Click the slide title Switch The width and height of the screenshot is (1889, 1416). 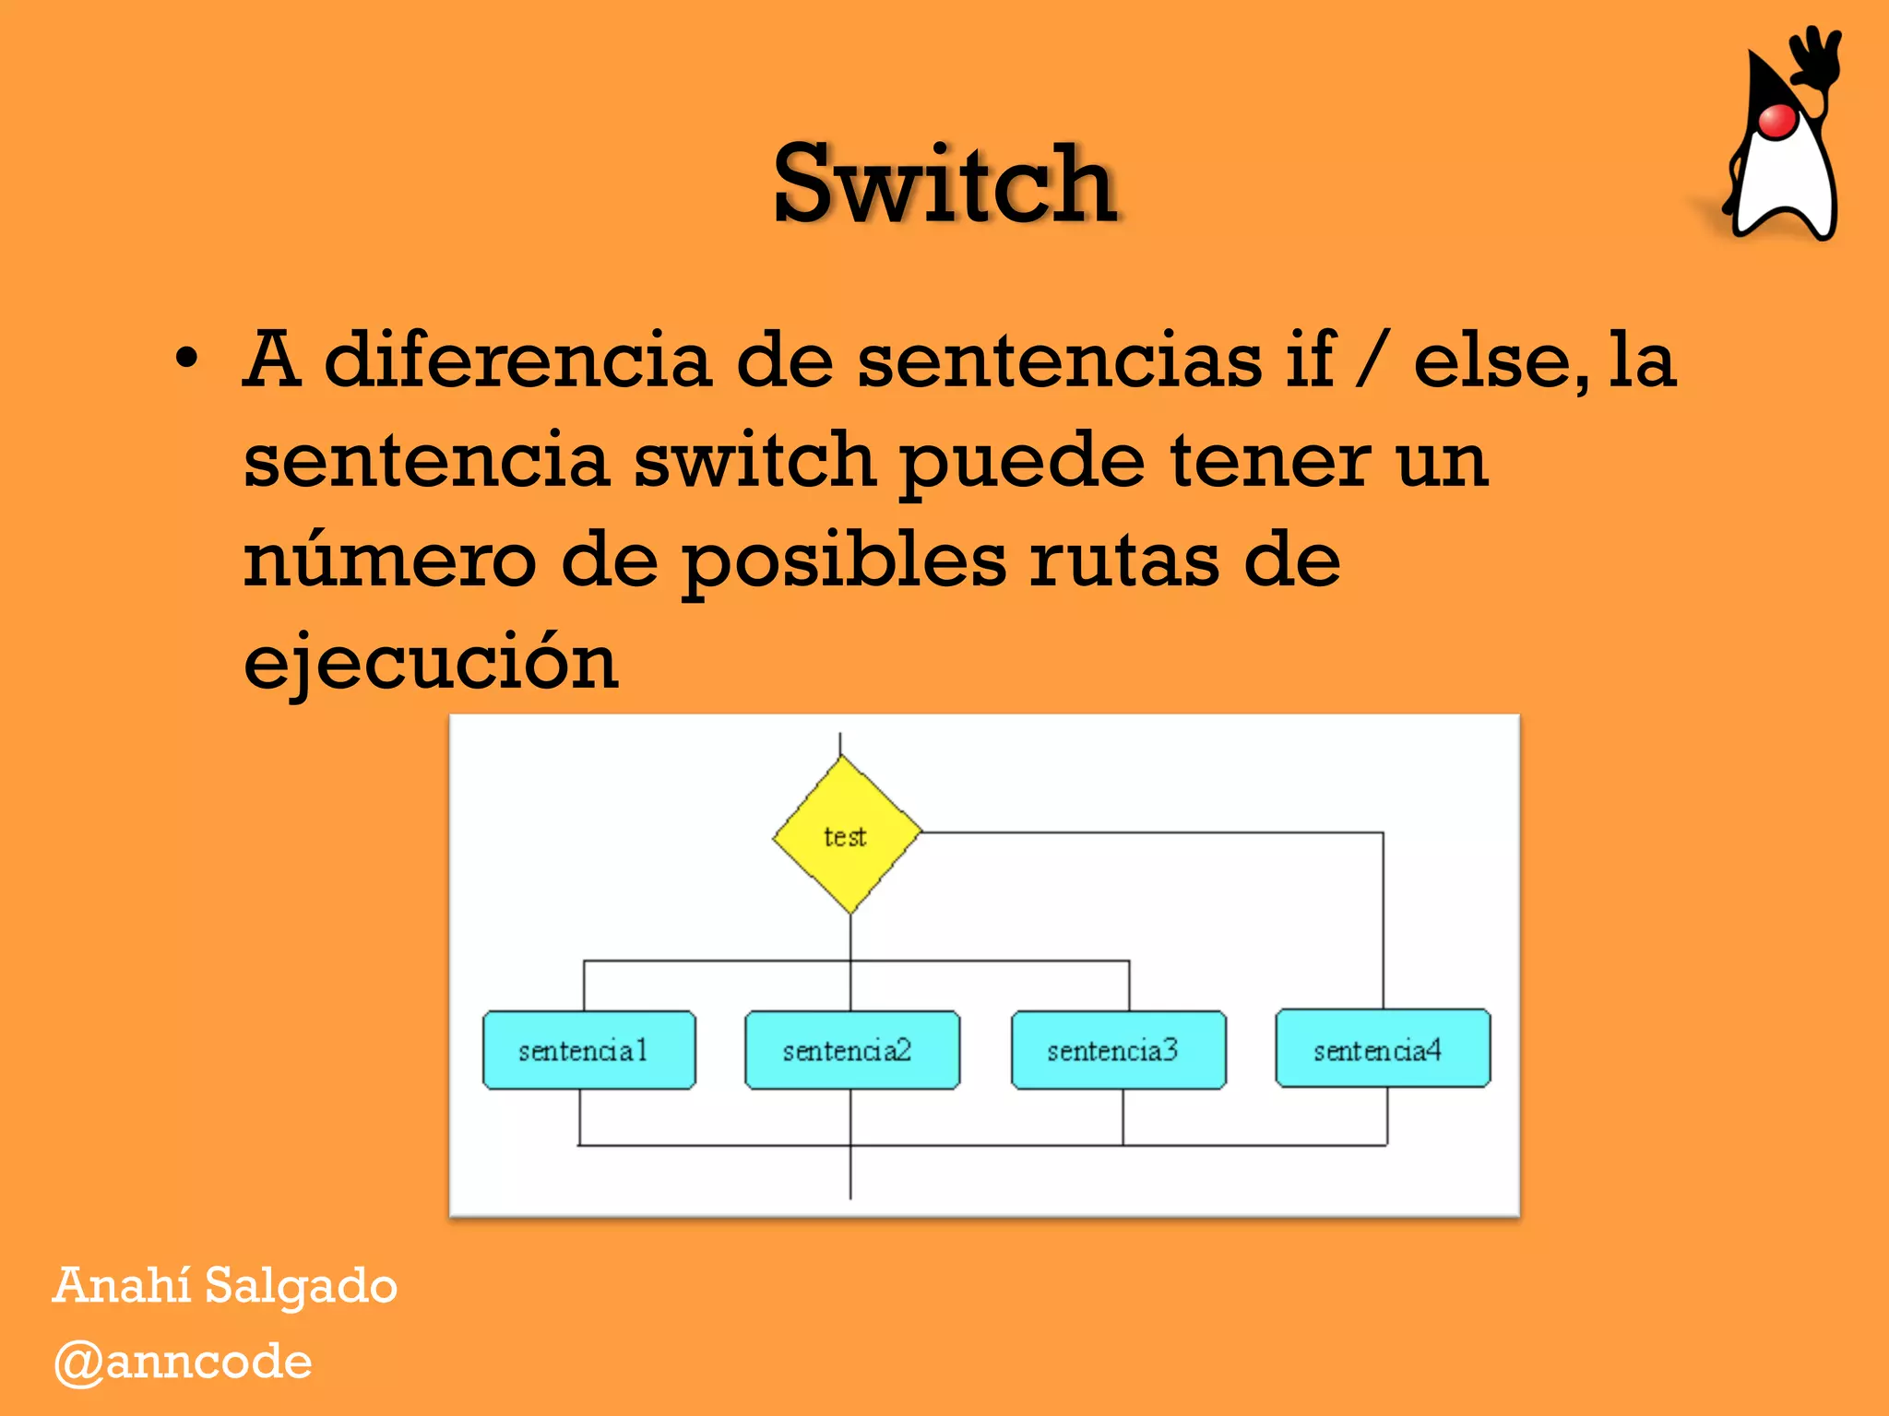tap(945, 184)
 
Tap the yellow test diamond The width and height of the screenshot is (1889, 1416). tap(847, 835)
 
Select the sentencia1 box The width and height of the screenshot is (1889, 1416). tap(589, 1050)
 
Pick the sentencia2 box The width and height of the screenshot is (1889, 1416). tap(851, 1050)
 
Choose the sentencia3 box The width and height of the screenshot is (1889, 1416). tap(1118, 1050)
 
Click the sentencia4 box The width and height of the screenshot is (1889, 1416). tap(1382, 1049)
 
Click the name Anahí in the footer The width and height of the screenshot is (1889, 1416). tap(122, 1285)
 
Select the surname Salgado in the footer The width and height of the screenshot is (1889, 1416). tap(301, 1287)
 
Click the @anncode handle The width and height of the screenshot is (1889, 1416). tap(183, 1363)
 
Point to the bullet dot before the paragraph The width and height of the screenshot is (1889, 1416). tap(186, 360)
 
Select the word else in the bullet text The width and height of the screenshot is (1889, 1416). tap(1500, 360)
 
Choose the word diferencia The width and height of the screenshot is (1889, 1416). tap(517, 360)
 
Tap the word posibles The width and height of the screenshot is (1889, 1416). tap(843, 562)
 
